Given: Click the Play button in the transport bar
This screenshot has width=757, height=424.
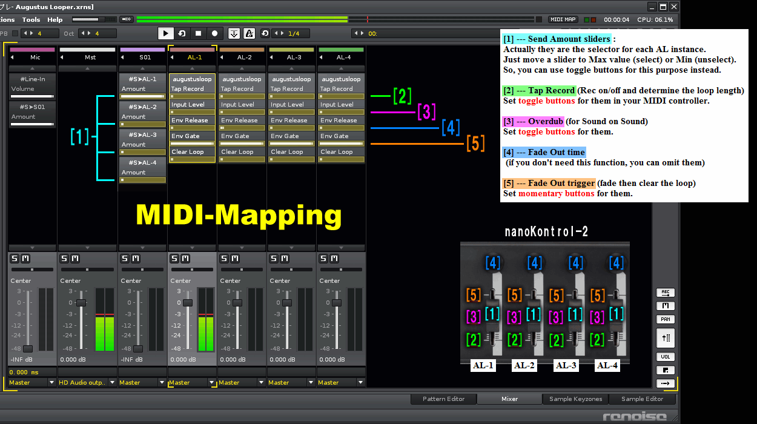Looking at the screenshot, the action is (x=165, y=33).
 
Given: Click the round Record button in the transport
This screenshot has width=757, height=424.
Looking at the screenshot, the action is (x=214, y=33).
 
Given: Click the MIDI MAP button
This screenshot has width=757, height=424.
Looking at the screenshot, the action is (x=563, y=19).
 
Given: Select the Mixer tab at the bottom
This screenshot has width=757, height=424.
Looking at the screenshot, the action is (x=509, y=399).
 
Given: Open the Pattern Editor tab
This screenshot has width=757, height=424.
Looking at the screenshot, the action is (x=443, y=399).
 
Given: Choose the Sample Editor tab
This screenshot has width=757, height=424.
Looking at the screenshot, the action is (x=642, y=399).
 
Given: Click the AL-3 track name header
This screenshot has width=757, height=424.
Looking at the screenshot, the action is (x=294, y=57).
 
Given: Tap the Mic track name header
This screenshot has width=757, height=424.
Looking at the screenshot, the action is (x=35, y=57).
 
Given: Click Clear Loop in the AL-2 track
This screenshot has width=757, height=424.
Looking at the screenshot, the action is (x=237, y=152).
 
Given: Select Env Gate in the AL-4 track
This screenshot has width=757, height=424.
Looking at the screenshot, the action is (x=334, y=136).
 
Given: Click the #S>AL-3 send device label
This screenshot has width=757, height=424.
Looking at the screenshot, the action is (x=142, y=134).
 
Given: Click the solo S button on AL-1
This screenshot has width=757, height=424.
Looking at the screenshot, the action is (x=174, y=259).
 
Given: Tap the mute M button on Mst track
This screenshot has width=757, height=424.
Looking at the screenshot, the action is (x=75, y=259).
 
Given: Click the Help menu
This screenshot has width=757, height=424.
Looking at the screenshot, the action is (x=55, y=19).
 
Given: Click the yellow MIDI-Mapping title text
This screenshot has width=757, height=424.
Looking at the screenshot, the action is (x=239, y=215).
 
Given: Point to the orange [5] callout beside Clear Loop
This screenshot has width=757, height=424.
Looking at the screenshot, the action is (x=475, y=143).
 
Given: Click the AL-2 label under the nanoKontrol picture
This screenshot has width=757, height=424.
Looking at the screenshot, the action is (x=524, y=365).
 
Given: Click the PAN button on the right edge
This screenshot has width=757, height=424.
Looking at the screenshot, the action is (x=665, y=319).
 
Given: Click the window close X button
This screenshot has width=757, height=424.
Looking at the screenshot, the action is (x=674, y=7).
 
